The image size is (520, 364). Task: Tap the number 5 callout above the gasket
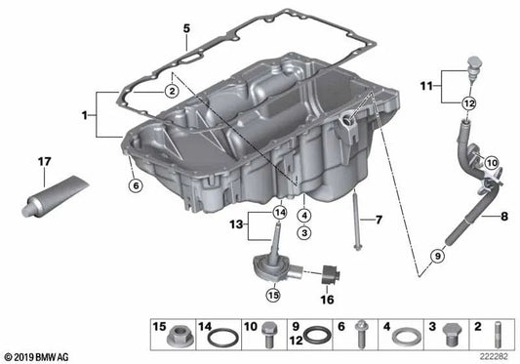(185, 29)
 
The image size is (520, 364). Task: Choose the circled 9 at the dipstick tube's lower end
(437, 256)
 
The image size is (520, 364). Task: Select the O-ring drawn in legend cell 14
(223, 338)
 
